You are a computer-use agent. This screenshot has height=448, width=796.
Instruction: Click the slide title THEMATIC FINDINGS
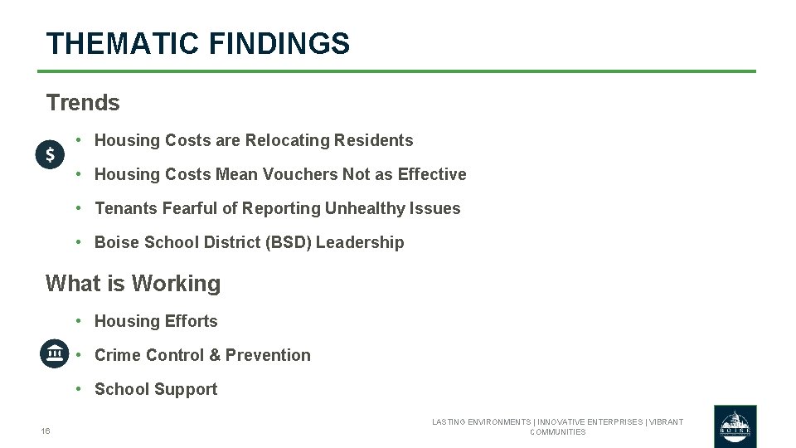pos(197,43)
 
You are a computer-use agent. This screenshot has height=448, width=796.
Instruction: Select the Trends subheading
pos(83,103)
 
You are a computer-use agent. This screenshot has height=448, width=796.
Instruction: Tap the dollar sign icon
pos(50,154)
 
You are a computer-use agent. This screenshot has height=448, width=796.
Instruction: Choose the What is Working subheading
pos(133,284)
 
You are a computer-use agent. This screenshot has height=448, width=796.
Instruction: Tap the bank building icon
pos(55,353)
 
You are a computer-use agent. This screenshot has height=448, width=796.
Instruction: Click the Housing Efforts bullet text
pos(156,321)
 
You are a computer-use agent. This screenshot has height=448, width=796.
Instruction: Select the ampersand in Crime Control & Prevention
pos(215,355)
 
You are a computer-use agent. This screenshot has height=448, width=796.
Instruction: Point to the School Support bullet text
pos(156,389)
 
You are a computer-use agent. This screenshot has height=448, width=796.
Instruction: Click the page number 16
pos(46,431)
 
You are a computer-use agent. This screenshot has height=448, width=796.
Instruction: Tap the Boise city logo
pos(735,426)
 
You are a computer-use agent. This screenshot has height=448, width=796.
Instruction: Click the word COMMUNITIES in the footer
pos(557,432)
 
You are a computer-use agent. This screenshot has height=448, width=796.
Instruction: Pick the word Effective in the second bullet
pos(432,174)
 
